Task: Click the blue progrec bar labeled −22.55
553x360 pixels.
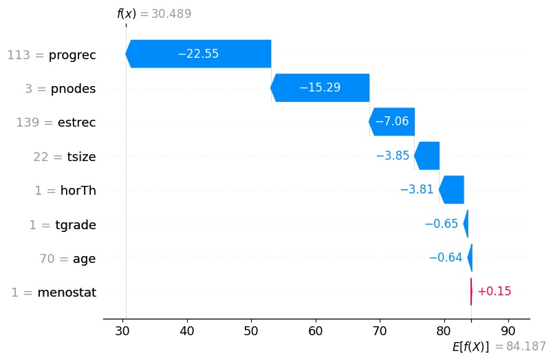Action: [x=198, y=54]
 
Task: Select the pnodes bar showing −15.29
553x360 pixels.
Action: [x=320, y=87]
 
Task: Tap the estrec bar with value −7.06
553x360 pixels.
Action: [x=391, y=122]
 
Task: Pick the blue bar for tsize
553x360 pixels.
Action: [x=427, y=156]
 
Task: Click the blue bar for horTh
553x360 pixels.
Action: [x=452, y=189]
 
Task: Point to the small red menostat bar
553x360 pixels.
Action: [x=471, y=292]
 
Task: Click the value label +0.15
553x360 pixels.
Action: [x=494, y=292]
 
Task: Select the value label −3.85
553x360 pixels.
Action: [x=393, y=156]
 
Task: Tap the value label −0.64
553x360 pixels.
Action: [x=446, y=258]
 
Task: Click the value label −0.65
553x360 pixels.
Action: [x=442, y=224]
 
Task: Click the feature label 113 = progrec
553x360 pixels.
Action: [x=52, y=55]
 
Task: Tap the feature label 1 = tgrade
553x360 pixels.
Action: [x=62, y=225]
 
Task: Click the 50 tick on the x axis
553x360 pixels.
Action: [x=252, y=330]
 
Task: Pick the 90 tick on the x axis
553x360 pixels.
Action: [x=508, y=330]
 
